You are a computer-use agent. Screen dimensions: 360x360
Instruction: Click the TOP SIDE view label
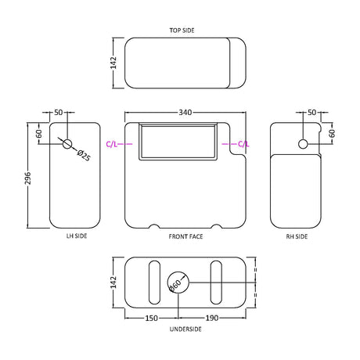coord(182,31)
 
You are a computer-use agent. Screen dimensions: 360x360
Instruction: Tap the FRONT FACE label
coord(185,236)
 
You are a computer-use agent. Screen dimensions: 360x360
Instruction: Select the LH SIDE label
coord(77,236)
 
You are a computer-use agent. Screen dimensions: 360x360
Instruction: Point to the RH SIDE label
coord(297,236)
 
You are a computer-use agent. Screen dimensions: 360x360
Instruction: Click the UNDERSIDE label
coord(185,329)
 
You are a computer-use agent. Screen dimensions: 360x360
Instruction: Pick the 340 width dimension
coord(185,113)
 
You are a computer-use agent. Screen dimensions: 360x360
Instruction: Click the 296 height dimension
coord(27,178)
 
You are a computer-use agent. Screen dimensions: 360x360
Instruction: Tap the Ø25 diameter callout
coord(84,156)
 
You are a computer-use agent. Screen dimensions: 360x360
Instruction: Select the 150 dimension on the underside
coord(151,318)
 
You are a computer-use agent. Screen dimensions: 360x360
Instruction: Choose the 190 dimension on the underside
coord(212,318)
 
